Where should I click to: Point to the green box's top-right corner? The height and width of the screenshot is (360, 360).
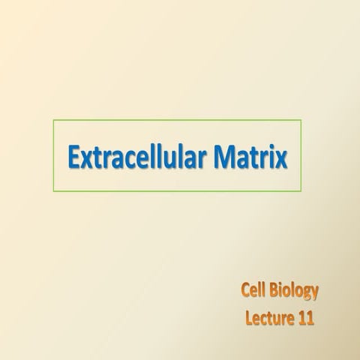[302, 120]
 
